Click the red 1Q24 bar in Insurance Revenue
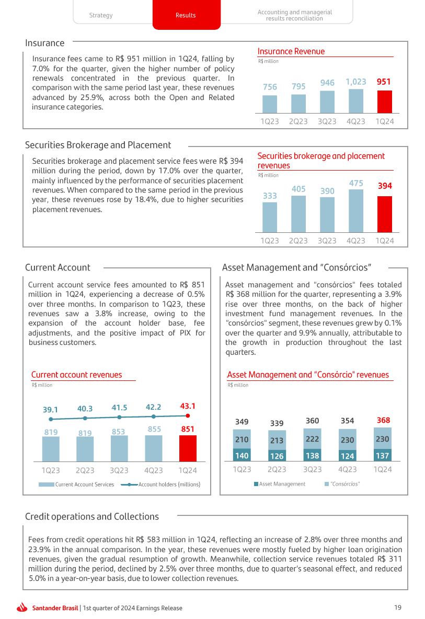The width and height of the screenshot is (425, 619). [384, 102]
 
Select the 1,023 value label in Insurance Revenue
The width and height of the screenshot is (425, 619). [355, 82]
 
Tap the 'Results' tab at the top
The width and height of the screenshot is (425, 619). [186, 15]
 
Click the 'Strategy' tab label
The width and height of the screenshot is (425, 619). [101, 15]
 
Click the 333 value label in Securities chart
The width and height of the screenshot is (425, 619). [270, 195]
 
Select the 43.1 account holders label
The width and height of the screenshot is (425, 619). [187, 406]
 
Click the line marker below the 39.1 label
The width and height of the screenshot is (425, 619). [51, 419]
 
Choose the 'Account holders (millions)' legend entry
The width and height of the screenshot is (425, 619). [169, 485]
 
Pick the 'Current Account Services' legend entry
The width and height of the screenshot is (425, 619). [84, 485]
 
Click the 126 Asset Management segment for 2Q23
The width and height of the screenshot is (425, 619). [277, 455]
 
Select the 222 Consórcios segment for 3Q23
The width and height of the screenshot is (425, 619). [312, 438]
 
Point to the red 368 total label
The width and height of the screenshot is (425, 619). [383, 420]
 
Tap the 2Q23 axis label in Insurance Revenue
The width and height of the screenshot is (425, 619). [298, 121]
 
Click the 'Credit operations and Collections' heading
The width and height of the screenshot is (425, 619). [92, 516]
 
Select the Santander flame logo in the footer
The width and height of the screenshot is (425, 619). [22, 607]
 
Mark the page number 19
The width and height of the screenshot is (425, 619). [398, 607]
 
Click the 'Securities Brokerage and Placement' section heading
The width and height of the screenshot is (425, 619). [98, 145]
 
